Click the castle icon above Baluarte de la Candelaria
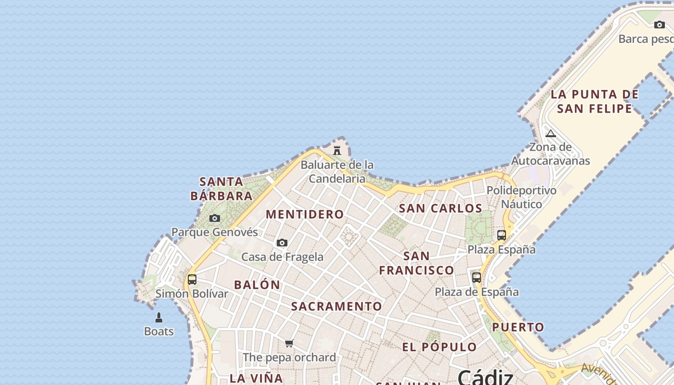point(337,151)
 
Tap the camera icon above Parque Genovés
point(215,218)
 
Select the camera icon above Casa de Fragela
point(282,243)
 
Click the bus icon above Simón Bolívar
point(192,280)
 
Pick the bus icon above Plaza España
point(502,235)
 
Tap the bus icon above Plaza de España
point(477,278)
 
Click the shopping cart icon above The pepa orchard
point(289,343)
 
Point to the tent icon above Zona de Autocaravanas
point(551,133)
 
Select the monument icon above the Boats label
point(159,318)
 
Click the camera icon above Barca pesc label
point(659,25)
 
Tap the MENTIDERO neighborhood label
point(305,215)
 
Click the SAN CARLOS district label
point(441,208)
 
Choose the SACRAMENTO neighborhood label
point(337,307)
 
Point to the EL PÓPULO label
point(440,347)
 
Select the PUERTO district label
point(518,327)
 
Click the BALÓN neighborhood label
point(257,285)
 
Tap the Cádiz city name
point(485,376)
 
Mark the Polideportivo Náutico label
point(521,197)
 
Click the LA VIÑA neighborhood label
point(256,378)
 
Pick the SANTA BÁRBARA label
point(221,189)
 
